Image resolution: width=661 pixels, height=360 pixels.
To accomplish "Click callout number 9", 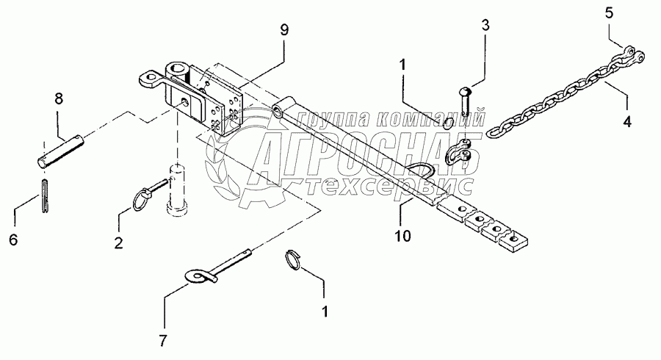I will [x=284, y=30].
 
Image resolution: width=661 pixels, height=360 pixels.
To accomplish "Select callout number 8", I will [x=59, y=99].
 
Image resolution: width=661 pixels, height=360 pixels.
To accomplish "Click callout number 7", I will [x=164, y=340].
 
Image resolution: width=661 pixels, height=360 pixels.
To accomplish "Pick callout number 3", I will [x=485, y=26].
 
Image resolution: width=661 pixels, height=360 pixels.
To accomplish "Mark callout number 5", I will [x=608, y=12].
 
